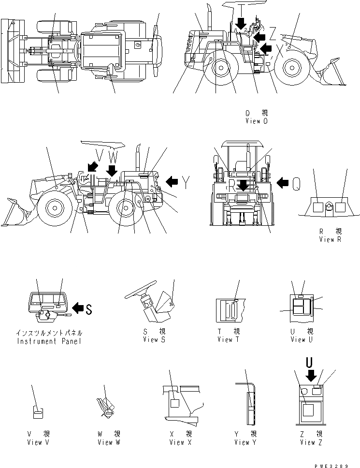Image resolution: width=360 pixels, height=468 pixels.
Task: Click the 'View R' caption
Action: coord(330,239)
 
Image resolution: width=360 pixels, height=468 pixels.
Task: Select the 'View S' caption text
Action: coord(154,340)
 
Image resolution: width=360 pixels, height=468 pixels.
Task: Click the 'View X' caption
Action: coord(179,442)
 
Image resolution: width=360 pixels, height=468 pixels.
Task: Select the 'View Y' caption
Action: coord(245,442)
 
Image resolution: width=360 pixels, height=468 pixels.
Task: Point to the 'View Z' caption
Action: coord(311,442)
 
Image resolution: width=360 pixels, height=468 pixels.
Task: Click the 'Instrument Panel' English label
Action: coord(49,341)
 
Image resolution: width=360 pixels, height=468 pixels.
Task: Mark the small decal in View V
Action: coord(38,412)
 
